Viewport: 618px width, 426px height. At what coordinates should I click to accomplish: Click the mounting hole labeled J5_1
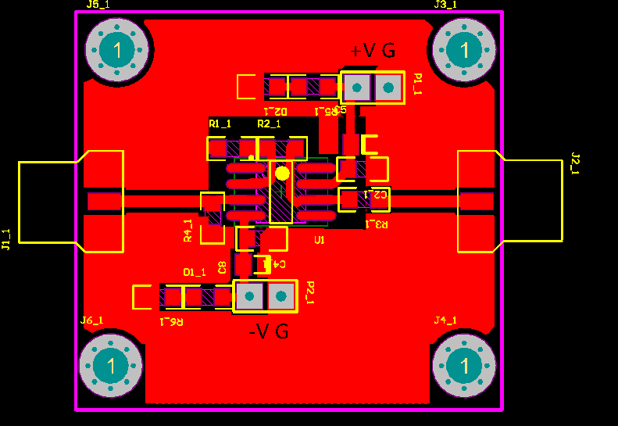(117, 51)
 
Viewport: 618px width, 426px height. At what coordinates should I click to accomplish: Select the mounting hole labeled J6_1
(111, 365)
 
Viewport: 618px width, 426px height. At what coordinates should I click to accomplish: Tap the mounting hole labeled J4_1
(465, 366)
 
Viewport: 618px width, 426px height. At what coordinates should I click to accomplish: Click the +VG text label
(373, 51)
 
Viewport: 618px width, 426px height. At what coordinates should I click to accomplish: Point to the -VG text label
(268, 331)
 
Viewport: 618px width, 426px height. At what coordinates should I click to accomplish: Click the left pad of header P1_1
(356, 88)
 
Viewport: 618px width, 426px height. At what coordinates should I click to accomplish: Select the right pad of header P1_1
(388, 88)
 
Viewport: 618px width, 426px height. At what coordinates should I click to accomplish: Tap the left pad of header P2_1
(249, 296)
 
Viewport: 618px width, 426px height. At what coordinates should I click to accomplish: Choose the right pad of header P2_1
(281, 296)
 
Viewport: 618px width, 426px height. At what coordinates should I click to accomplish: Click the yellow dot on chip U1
(282, 173)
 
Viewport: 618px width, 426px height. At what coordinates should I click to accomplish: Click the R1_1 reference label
(220, 124)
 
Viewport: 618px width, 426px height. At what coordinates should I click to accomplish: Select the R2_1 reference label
(269, 124)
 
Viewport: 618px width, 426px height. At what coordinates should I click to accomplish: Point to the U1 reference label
(319, 240)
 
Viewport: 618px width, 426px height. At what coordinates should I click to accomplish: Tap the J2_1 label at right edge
(576, 164)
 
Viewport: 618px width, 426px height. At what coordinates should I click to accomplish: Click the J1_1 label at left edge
(6, 239)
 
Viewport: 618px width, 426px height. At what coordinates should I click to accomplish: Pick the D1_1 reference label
(195, 272)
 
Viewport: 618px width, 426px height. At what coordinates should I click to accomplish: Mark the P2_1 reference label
(310, 292)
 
